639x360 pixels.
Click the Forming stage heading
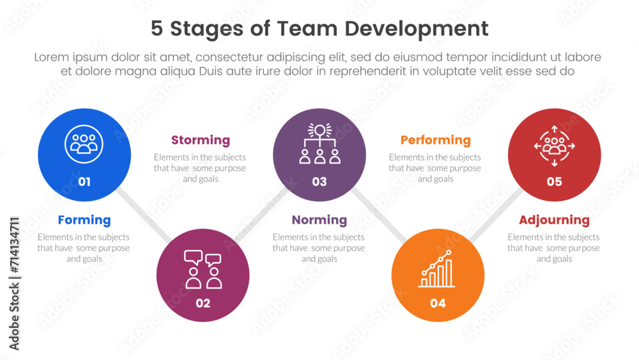(x=84, y=220)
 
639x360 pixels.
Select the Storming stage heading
(x=200, y=140)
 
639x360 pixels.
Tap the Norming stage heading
(x=319, y=220)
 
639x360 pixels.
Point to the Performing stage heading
(x=435, y=140)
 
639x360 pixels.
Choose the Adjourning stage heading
(x=554, y=220)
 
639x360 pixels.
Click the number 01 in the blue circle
(x=84, y=182)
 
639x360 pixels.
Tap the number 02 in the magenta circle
(x=203, y=303)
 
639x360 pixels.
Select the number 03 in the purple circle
(x=319, y=182)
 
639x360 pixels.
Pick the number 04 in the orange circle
(x=438, y=303)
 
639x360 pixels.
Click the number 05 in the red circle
(x=554, y=182)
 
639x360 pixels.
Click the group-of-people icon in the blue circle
(x=84, y=144)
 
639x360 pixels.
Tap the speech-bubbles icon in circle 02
(x=203, y=269)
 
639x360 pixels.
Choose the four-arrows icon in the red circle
(x=554, y=146)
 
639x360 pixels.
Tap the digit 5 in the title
(x=157, y=29)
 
